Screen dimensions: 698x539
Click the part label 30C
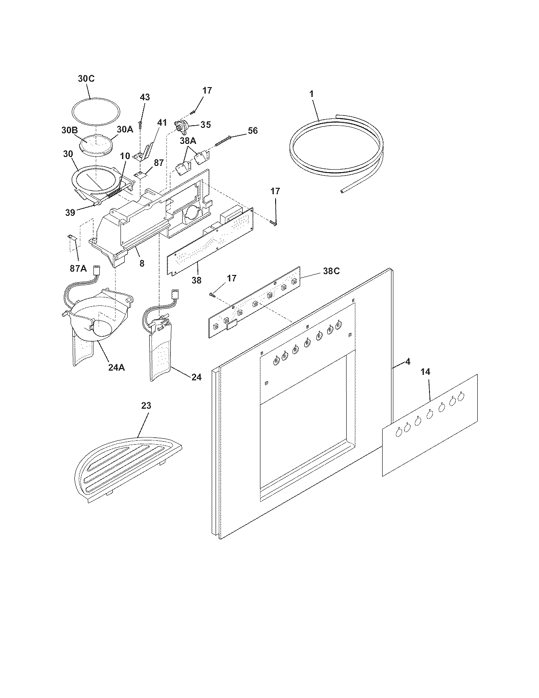click(x=86, y=78)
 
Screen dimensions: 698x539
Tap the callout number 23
click(x=145, y=406)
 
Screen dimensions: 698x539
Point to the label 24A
click(x=116, y=368)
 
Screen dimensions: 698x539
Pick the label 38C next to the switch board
click(x=331, y=271)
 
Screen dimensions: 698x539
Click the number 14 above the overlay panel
click(x=425, y=372)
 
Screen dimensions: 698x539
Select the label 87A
click(x=78, y=268)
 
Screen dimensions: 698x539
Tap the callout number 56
click(x=252, y=131)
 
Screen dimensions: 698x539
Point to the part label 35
click(x=205, y=125)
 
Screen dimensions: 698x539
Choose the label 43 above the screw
click(x=145, y=97)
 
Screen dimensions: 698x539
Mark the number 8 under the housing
click(x=142, y=264)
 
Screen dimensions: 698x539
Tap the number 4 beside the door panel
click(x=408, y=362)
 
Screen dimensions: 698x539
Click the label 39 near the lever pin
click(x=70, y=213)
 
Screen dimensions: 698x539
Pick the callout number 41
click(x=162, y=123)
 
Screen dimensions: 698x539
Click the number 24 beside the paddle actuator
click(x=196, y=377)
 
